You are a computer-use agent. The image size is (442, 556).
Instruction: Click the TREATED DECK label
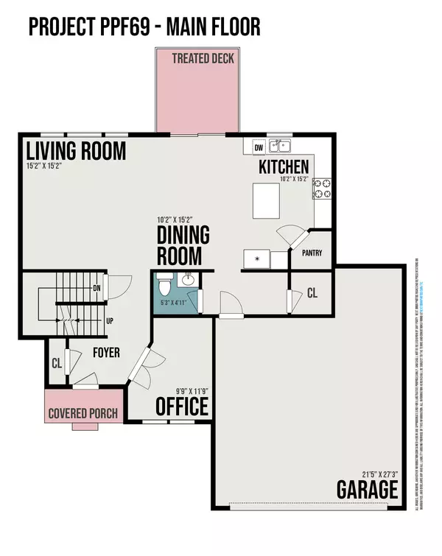click(203, 58)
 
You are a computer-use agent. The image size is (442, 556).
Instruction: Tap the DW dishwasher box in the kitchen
click(259, 147)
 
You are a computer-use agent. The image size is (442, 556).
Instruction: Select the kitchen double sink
click(279, 146)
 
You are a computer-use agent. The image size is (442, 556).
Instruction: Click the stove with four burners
click(322, 189)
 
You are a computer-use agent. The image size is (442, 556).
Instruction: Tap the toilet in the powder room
click(165, 281)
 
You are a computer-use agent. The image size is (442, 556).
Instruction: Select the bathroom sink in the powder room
click(188, 280)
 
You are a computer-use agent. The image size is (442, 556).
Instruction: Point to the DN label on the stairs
click(97, 288)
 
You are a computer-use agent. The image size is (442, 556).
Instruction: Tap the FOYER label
click(105, 353)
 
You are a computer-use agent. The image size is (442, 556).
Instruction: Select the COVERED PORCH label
click(83, 413)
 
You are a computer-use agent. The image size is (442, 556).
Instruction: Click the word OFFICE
click(181, 407)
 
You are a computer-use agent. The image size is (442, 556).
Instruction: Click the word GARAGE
click(368, 489)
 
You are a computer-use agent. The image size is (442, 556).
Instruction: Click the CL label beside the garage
click(312, 293)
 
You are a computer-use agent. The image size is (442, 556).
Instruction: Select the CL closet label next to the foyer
click(57, 362)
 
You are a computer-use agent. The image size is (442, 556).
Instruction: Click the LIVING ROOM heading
click(76, 151)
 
